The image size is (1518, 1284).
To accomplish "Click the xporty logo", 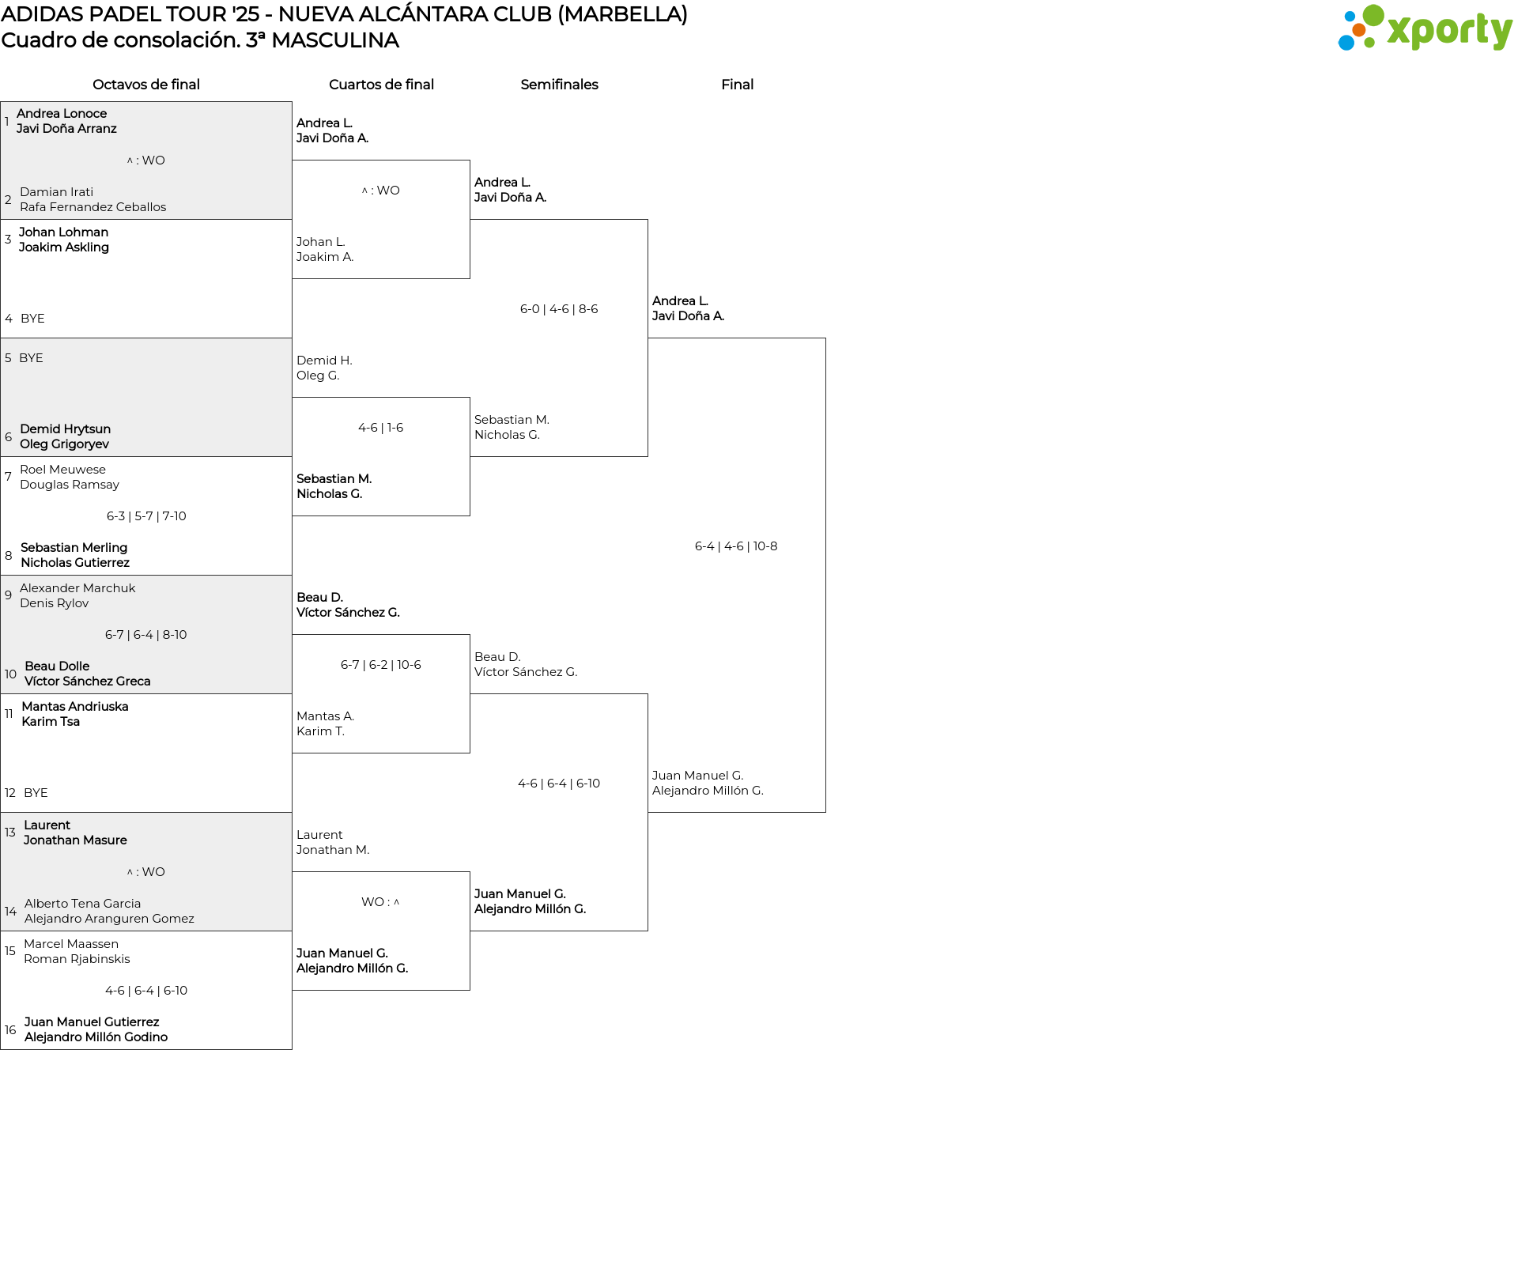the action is click(x=1425, y=28).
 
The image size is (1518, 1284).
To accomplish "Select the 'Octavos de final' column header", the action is click(x=146, y=85).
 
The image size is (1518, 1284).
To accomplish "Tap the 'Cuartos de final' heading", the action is click(x=381, y=85).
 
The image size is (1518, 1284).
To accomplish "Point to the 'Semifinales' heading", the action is click(x=559, y=85).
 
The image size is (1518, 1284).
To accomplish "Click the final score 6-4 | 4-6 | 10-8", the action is click(x=736, y=546).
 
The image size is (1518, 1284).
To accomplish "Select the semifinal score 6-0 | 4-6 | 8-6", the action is click(x=559, y=309).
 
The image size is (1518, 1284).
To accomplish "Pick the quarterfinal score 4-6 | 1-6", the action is click(x=380, y=428).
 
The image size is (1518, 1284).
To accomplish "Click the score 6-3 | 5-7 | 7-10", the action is click(x=146, y=516).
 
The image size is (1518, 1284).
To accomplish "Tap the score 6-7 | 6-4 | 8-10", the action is click(x=146, y=635).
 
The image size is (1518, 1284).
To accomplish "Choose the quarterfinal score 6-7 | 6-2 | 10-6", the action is click(x=381, y=665).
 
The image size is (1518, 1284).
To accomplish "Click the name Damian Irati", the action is click(x=56, y=192).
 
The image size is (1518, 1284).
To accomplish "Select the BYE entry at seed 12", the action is click(x=36, y=793).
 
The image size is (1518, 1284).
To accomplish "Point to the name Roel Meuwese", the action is click(x=62, y=470).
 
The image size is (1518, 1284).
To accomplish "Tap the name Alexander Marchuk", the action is click(x=77, y=588).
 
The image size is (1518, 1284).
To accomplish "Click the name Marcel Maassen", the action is click(x=71, y=944).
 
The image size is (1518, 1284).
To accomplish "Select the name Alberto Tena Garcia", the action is click(x=82, y=904).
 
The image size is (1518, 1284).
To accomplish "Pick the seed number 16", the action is click(x=10, y=1030).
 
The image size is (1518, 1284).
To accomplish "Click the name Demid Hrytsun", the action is click(x=66, y=429).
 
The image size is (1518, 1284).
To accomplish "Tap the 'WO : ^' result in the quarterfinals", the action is click(x=380, y=902).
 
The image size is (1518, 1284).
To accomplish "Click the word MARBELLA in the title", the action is click(x=622, y=14).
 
